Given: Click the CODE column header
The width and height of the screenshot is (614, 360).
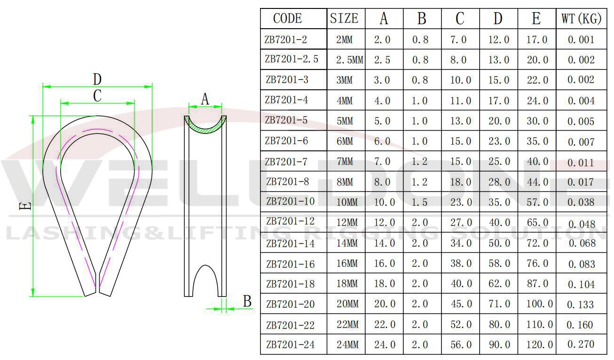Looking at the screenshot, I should tap(287, 18).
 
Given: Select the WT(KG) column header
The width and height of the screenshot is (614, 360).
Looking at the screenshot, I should tap(581, 19).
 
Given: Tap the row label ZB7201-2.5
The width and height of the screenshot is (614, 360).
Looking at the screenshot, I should tap(291, 60).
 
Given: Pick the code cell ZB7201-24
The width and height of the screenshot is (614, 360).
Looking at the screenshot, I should tap(290, 344).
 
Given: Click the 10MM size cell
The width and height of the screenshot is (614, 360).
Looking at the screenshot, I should tap(347, 202).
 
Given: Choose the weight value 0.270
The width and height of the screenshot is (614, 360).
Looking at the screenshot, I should tap(581, 344).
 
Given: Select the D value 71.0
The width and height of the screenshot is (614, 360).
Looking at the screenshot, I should tap(499, 304).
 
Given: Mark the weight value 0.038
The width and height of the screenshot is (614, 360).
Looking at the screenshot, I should tap(581, 202).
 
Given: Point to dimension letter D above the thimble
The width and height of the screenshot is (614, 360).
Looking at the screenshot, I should tap(97, 79).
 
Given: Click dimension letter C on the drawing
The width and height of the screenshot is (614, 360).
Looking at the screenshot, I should tap(97, 95).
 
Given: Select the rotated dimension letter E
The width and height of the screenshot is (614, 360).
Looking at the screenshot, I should tap(27, 205).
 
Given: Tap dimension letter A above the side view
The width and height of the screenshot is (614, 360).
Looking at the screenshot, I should tap(205, 99).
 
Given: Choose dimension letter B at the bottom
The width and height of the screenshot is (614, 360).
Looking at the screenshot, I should tap(247, 301).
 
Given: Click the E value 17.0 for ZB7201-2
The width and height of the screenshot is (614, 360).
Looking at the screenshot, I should tap(536, 40).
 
